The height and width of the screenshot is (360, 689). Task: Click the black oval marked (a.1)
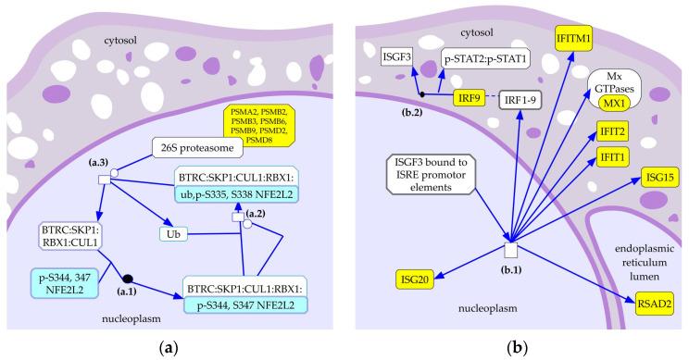(129, 279)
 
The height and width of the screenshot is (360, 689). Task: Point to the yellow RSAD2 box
(655, 299)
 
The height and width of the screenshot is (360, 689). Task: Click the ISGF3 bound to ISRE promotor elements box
(426, 181)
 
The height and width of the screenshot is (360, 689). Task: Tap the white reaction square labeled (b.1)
(509, 250)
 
